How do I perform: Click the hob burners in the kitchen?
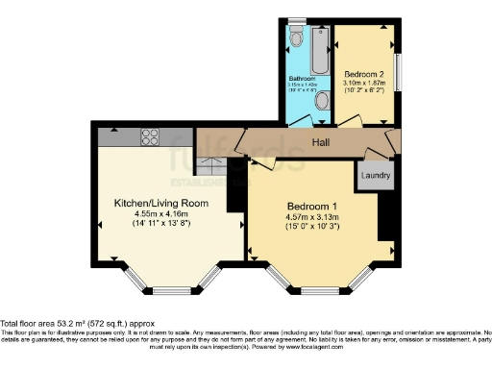[151, 135]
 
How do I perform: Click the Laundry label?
[376, 175]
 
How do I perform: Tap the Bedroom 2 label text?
[365, 75]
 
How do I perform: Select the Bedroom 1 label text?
[311, 206]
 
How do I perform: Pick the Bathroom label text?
[302, 78]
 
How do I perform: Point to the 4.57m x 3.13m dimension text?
[311, 216]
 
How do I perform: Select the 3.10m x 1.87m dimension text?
[365, 84]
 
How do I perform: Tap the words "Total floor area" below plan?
[30, 324]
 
